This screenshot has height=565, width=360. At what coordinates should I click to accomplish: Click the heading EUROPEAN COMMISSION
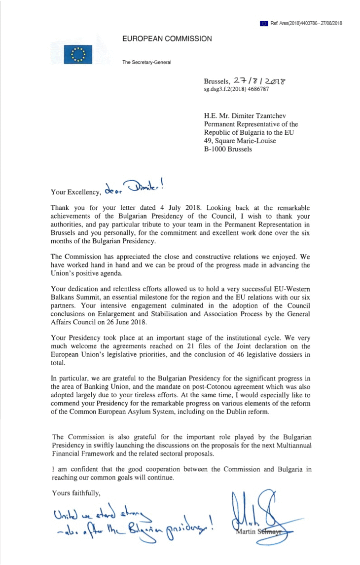[167, 38]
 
